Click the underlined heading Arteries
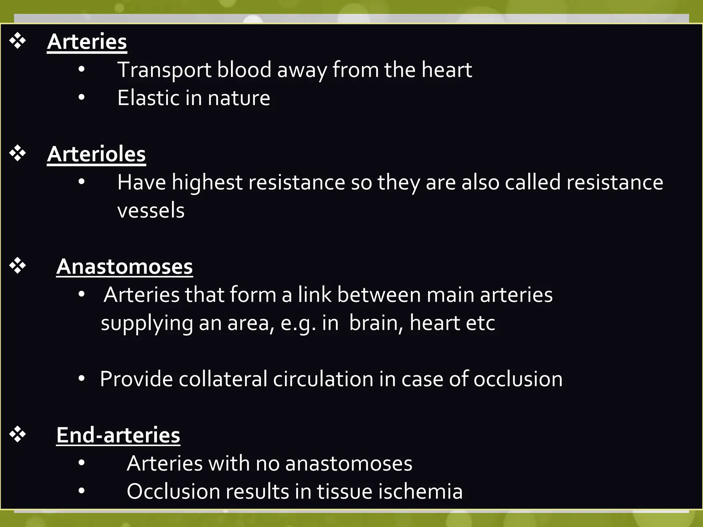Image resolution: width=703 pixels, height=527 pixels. [x=87, y=42]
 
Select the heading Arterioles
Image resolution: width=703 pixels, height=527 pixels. [x=96, y=154]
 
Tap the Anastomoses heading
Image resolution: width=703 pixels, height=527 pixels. [x=124, y=267]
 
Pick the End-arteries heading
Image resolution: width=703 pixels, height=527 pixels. [x=118, y=435]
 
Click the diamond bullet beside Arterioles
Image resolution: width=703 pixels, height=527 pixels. [x=18, y=153]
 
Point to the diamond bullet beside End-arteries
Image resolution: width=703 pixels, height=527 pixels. [x=18, y=434]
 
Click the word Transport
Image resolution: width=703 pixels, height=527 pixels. [x=164, y=70]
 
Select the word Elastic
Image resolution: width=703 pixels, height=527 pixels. [x=148, y=98]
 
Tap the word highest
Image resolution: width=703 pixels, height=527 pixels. [x=207, y=182]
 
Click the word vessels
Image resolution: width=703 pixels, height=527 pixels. [x=151, y=210]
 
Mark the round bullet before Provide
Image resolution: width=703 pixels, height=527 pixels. [x=81, y=379]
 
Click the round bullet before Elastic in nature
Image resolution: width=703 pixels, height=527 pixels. [x=81, y=98]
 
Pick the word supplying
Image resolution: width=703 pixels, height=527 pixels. [x=147, y=324]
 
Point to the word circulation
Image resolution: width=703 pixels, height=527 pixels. [x=323, y=379]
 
